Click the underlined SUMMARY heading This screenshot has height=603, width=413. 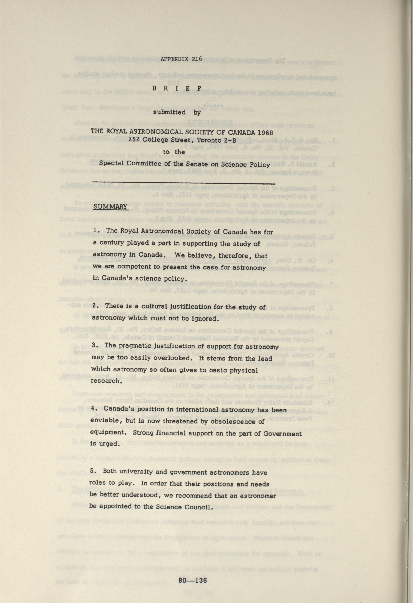[x=110, y=207]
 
